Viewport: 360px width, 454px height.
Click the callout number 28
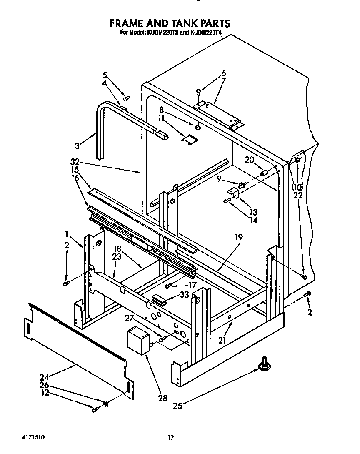click(162, 398)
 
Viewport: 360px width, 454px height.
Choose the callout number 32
click(75, 162)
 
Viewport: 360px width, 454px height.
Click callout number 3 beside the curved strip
click(77, 145)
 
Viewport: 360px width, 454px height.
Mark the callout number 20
click(249, 160)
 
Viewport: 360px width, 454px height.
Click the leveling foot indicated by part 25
click(264, 366)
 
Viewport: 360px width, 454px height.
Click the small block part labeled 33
click(158, 299)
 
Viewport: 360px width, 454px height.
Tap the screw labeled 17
click(168, 286)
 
